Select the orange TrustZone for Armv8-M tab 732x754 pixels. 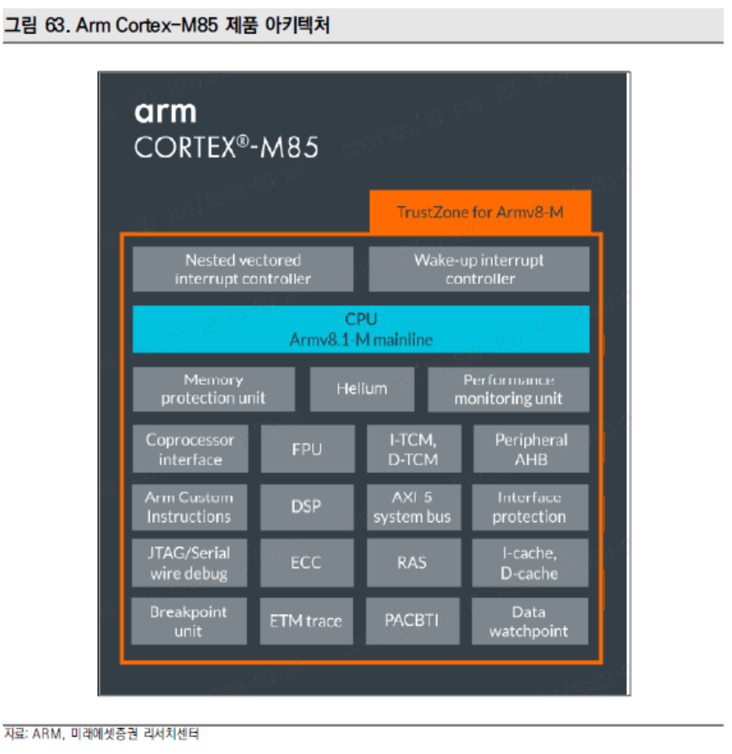[x=480, y=212]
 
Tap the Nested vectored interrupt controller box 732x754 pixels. [x=242, y=269]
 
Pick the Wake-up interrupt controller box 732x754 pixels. [x=479, y=269]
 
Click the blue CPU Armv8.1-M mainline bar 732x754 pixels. [x=361, y=329]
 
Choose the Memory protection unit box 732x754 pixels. [x=214, y=390]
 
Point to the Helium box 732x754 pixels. [x=362, y=390]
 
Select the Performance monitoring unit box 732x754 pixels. [x=508, y=390]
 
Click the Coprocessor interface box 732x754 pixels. [x=190, y=449]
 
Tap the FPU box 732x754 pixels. [x=307, y=449]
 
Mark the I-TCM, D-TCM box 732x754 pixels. [x=413, y=449]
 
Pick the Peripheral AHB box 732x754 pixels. [x=531, y=449]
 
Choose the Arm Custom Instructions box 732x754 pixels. [x=189, y=507]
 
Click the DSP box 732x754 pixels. [x=307, y=507]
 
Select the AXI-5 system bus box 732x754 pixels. [x=413, y=507]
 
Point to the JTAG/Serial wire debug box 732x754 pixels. [x=189, y=563]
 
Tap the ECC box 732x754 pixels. [x=307, y=563]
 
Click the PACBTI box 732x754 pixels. [x=413, y=621]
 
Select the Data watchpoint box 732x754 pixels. [x=530, y=621]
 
